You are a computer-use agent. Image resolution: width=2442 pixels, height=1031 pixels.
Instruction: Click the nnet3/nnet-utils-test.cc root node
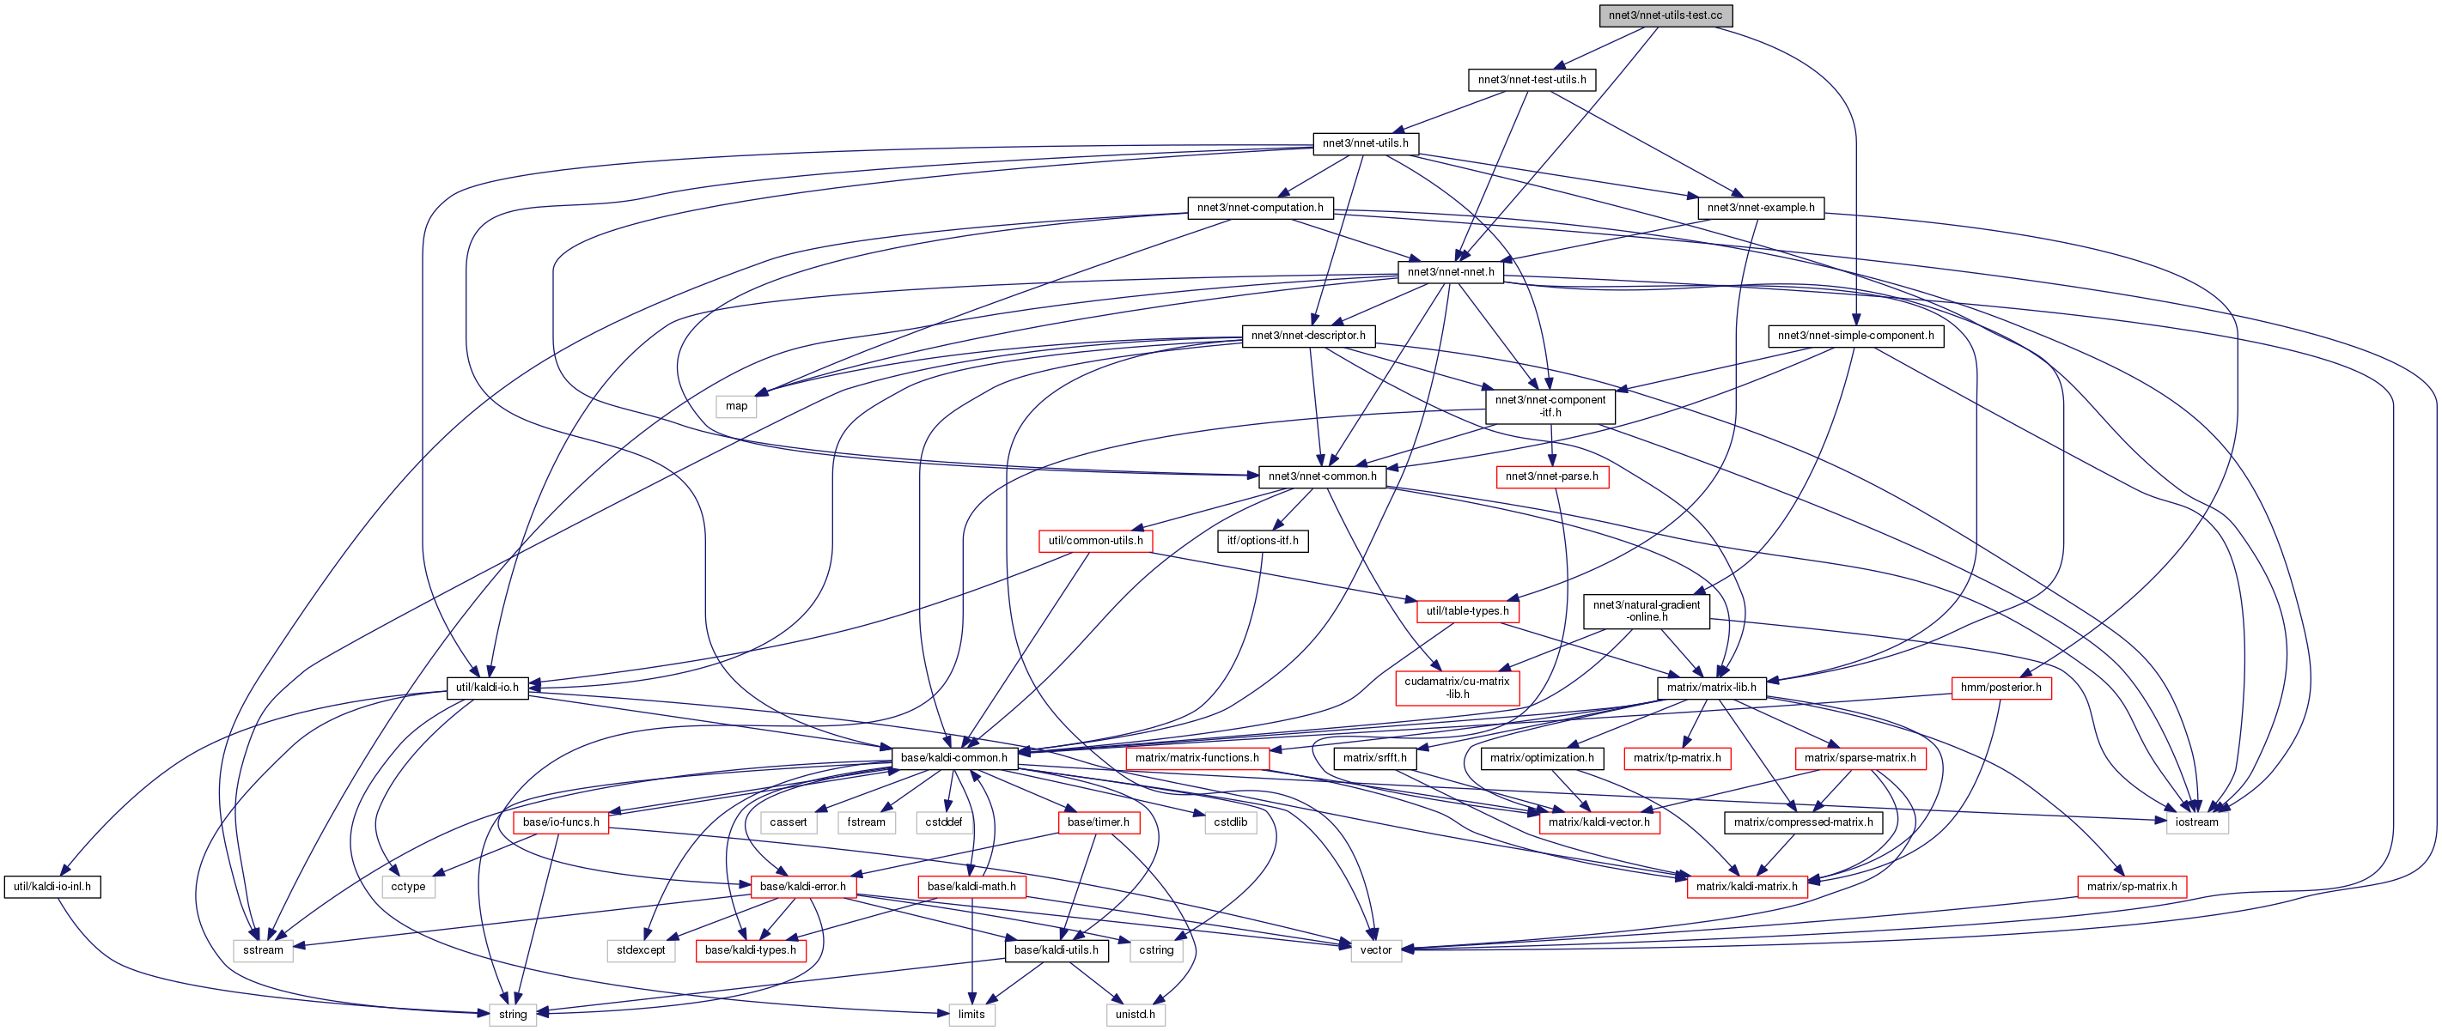(x=1665, y=15)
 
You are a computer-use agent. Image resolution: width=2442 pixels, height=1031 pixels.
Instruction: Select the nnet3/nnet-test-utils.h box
(x=1531, y=80)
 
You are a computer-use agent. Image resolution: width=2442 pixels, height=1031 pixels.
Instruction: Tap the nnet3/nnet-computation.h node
(x=1260, y=208)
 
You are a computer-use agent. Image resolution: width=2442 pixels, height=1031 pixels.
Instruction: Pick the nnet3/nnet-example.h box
(x=1760, y=208)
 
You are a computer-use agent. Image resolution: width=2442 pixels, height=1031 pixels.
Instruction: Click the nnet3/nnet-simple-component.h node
(x=1855, y=336)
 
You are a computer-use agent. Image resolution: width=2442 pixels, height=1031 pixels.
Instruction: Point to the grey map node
(x=737, y=405)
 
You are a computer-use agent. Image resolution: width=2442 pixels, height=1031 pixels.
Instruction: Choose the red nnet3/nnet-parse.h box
(x=1551, y=476)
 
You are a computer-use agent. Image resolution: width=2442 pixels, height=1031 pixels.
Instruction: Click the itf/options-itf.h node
(x=1263, y=541)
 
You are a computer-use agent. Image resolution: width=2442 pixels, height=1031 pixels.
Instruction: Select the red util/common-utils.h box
(x=1095, y=541)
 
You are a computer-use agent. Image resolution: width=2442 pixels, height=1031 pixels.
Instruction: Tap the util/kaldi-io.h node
(x=487, y=688)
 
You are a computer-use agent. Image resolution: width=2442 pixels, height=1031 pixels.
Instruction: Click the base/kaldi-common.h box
(x=953, y=758)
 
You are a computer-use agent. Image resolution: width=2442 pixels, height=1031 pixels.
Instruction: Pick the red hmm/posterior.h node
(x=2000, y=688)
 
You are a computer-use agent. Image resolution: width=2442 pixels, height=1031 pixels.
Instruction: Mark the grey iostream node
(x=2196, y=822)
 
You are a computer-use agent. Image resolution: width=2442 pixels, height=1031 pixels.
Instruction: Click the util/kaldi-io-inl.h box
(x=52, y=887)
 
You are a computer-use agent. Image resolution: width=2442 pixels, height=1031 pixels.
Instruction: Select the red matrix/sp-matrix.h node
(x=2131, y=887)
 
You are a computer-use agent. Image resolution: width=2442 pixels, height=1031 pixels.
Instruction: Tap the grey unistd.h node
(x=1135, y=1015)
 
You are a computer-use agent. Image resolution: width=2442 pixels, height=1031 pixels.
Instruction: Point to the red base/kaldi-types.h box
(x=751, y=950)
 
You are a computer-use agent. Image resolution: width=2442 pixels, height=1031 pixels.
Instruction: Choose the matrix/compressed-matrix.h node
(x=1803, y=822)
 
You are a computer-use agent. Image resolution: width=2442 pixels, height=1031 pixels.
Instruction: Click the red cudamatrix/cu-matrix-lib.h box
(x=1457, y=688)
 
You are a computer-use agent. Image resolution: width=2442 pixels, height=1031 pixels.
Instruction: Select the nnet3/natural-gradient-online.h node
(x=1647, y=611)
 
